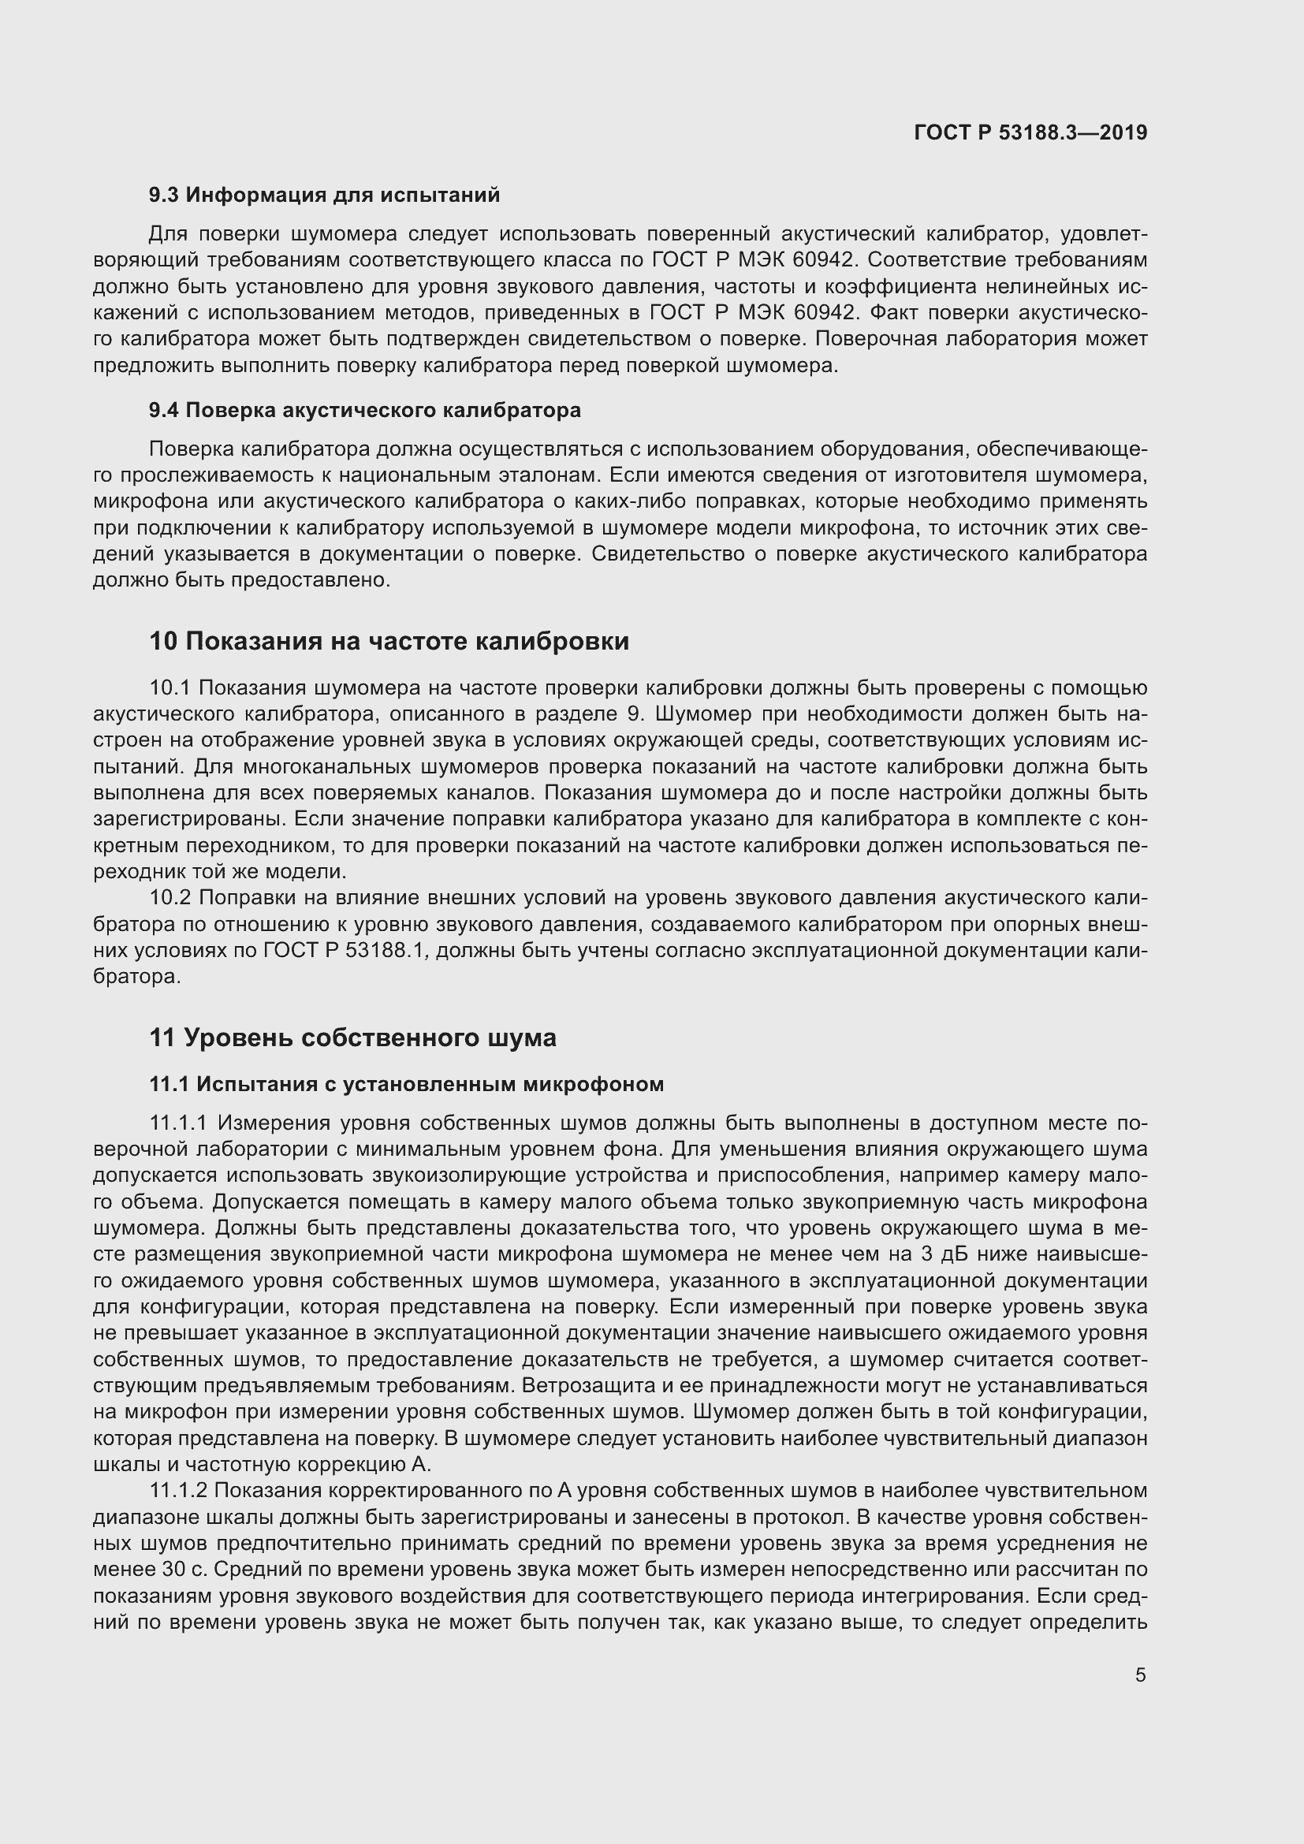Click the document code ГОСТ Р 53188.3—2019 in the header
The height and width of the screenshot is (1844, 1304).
[1030, 132]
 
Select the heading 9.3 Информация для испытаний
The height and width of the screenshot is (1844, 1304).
[324, 196]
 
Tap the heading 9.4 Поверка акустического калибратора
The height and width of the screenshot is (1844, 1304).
[365, 411]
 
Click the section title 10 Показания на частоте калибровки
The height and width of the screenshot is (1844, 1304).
[389, 642]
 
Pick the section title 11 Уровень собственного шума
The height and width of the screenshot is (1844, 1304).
[352, 1038]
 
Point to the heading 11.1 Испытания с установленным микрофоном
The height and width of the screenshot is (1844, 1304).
[406, 1084]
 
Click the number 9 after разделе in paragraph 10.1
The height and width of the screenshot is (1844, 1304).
[632, 714]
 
